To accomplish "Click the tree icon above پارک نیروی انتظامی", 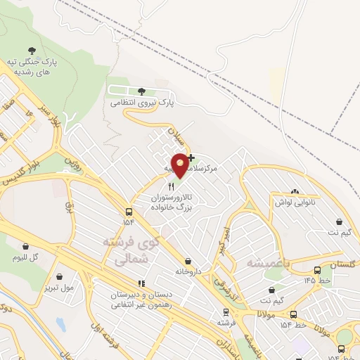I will tap(141, 91).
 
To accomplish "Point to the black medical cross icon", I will tap(191, 157).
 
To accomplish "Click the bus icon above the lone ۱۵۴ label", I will tap(129, 212).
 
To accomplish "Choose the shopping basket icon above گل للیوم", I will tap(27, 247).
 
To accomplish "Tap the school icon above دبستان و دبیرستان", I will tap(122, 283).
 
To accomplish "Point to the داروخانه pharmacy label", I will tap(179, 270).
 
